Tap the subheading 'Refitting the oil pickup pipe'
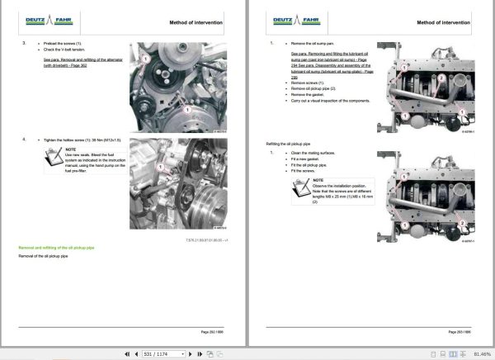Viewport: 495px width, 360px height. click(x=289, y=143)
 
